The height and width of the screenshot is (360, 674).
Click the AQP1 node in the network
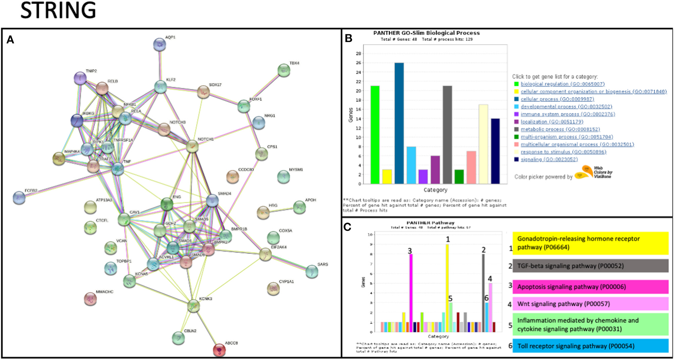pos(160,44)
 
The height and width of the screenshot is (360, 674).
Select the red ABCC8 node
pos(219,350)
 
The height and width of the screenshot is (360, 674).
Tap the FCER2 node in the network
pos(19,198)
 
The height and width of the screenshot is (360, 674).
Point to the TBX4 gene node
pos(284,71)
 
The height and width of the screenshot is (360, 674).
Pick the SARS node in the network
pos(312,271)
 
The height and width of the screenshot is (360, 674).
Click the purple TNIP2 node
pos(80,78)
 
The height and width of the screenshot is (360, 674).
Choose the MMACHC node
pos(90,299)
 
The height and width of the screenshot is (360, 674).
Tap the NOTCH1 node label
pos(205,139)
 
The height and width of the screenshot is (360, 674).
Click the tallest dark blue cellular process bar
pos(399,123)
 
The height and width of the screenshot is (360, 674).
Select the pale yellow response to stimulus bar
pos(483,144)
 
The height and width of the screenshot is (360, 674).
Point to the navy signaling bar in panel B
pos(495,151)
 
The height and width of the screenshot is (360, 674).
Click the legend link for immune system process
pos(568,114)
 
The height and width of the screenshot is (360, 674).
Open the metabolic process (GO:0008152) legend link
pos(560,129)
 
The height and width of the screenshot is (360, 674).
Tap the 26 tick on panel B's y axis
pos(359,63)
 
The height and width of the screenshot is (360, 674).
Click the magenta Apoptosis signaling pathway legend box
pos(590,287)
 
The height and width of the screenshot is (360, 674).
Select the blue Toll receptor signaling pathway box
pos(590,346)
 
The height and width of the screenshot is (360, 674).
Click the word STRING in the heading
pos(58,10)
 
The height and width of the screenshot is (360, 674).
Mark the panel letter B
pos(349,38)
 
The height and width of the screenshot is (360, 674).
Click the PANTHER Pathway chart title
pos(430,223)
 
